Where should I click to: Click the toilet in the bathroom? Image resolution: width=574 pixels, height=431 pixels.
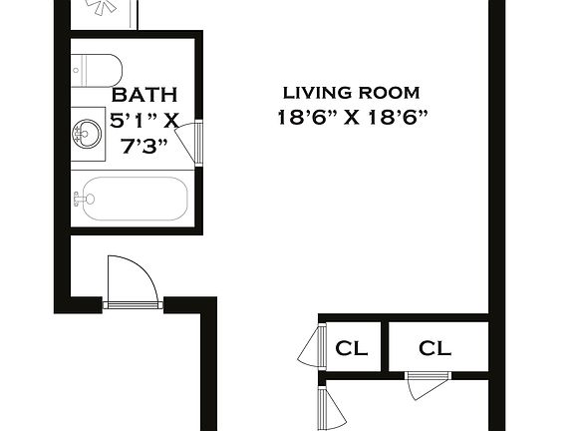click(100, 69)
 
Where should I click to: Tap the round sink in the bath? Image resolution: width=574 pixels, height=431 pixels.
click(87, 135)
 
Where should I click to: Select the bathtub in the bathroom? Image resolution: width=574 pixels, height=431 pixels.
click(130, 199)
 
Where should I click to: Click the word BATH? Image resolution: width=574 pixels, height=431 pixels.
click(144, 96)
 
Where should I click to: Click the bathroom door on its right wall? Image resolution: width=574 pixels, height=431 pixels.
click(199, 142)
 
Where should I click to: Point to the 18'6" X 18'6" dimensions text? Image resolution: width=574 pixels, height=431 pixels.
click(352, 116)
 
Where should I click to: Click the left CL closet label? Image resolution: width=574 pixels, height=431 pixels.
click(351, 348)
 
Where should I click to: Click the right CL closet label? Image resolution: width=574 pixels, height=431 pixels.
click(434, 348)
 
